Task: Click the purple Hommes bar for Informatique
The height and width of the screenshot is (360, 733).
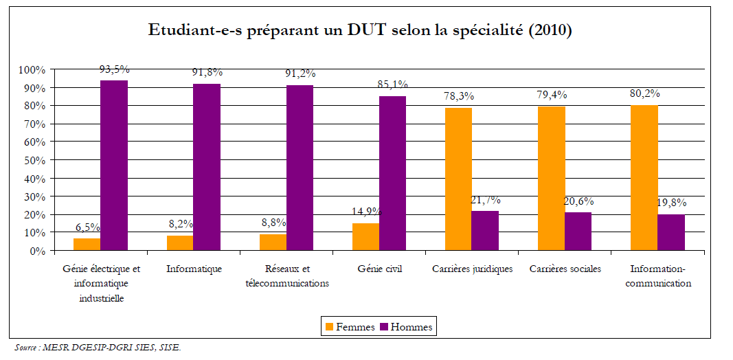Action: point(207,167)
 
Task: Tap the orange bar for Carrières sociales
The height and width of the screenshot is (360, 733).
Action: point(552,179)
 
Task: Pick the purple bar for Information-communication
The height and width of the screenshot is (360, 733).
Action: point(671,233)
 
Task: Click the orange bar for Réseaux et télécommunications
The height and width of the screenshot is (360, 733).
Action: point(273,243)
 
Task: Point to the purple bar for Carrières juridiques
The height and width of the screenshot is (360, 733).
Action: point(485,231)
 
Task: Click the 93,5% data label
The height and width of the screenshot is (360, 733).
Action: point(114,69)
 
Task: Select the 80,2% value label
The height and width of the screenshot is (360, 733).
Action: point(645,95)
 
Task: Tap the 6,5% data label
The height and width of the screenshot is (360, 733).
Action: point(87,227)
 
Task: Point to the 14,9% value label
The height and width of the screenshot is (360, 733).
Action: point(366,212)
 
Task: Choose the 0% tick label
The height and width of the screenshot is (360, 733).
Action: point(36,251)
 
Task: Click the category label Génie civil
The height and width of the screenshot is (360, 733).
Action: point(379,269)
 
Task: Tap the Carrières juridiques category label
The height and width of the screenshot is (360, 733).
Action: point(473,269)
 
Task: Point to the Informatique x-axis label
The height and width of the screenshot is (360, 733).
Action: point(194,269)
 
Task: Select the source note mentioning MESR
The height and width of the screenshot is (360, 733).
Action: point(98,348)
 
